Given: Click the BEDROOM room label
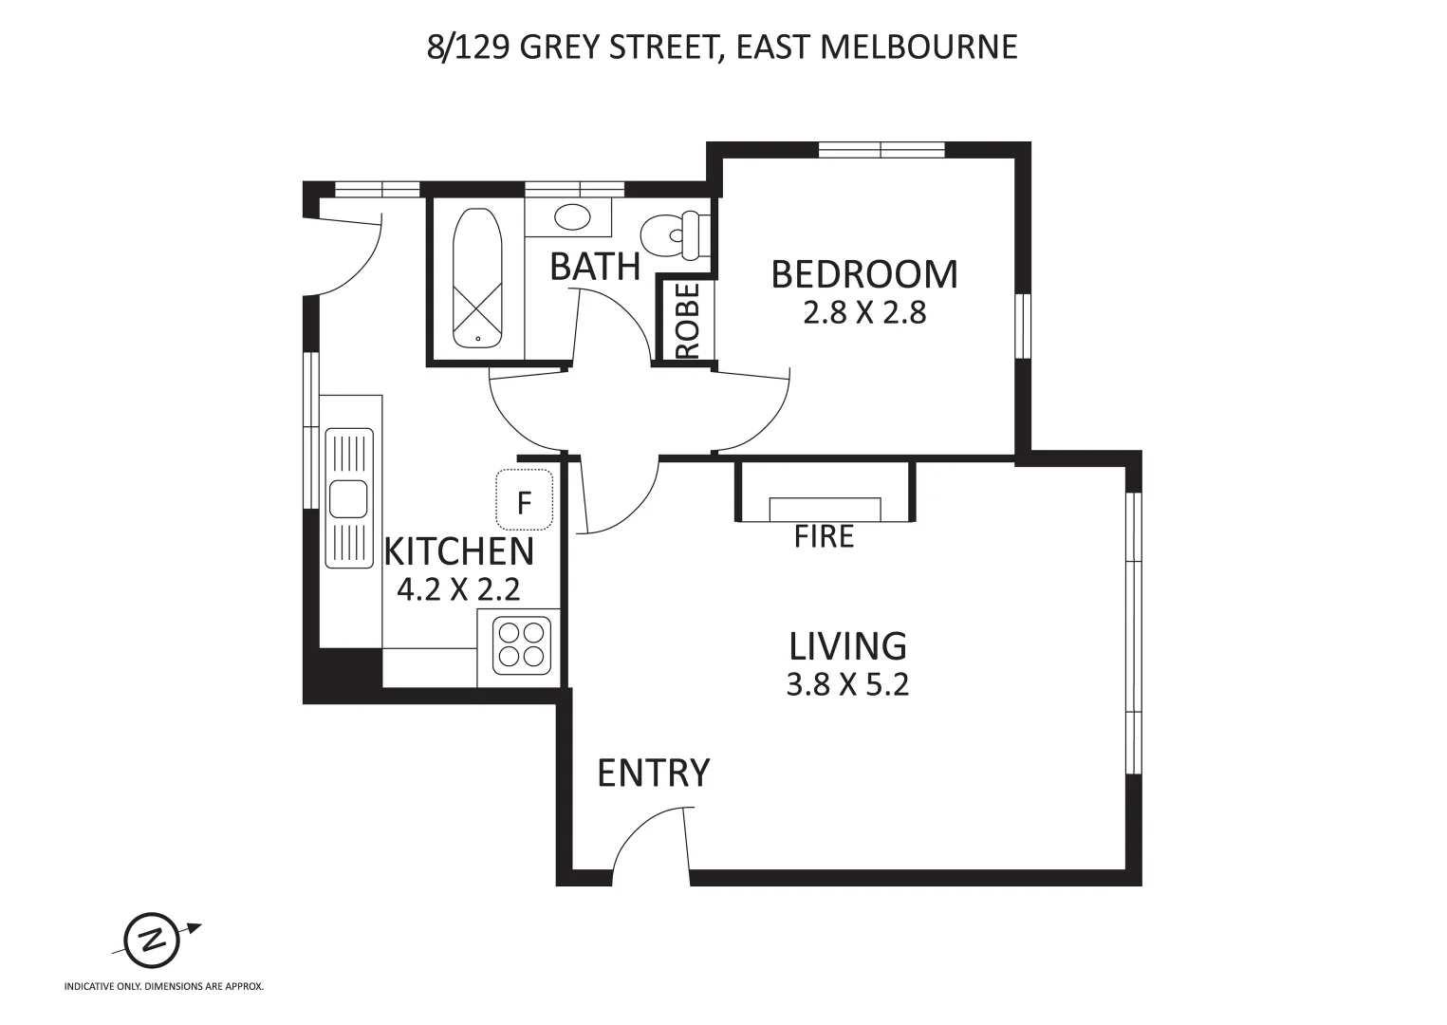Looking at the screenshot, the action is [x=864, y=274].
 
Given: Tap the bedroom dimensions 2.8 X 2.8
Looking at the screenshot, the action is [x=864, y=313].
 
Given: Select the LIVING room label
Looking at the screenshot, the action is [x=847, y=645].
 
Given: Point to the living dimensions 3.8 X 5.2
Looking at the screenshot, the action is [x=847, y=684].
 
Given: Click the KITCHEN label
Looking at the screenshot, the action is [x=458, y=551].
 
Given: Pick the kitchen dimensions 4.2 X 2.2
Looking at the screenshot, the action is [x=458, y=589].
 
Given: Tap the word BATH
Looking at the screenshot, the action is [x=594, y=267].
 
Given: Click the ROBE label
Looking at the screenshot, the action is [x=689, y=321].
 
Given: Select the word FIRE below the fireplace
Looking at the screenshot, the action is [x=824, y=536].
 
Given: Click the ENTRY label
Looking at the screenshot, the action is [x=653, y=773].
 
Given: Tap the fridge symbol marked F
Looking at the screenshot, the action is [x=525, y=500].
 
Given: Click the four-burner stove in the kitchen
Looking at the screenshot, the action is [x=522, y=645].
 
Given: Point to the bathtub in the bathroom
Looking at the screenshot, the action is [x=477, y=278].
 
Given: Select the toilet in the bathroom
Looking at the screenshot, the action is [x=675, y=235].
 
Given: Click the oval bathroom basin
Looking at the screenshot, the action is [x=572, y=217].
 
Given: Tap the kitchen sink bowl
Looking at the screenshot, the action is [x=348, y=499].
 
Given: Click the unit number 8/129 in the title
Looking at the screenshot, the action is [x=469, y=47].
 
